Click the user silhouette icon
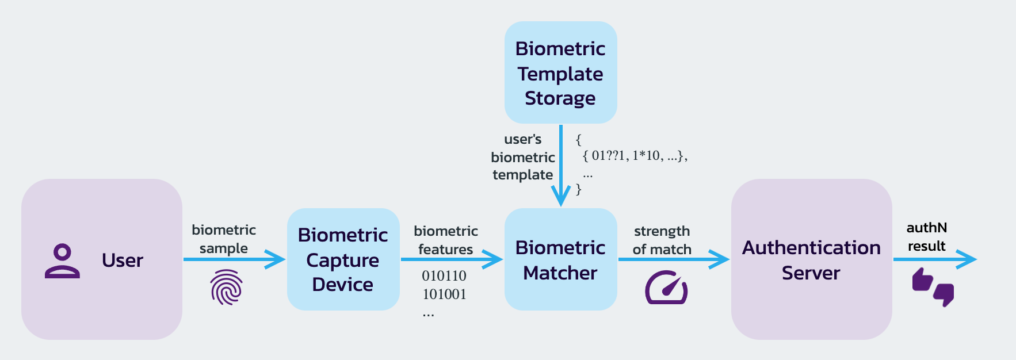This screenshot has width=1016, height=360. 62,261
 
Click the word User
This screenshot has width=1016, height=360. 122,261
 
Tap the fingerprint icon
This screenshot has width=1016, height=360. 226,287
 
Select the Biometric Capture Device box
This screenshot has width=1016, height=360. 343,259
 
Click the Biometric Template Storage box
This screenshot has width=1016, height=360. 560,73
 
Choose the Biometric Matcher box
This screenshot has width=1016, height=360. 560,260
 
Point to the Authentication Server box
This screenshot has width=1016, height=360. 811,260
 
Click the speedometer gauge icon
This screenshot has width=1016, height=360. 666,288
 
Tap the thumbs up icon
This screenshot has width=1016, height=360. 922,280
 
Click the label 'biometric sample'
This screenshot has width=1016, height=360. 224,239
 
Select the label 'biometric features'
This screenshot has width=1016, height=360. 446,240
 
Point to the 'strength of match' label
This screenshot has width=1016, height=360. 662,240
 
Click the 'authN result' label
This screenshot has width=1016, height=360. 926,237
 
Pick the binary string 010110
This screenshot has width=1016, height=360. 444,276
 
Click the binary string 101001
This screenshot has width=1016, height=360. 444,294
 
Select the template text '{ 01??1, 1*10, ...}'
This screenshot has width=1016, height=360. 635,156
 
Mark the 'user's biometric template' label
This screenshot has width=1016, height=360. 522,157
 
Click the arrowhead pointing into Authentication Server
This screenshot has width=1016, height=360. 720,259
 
